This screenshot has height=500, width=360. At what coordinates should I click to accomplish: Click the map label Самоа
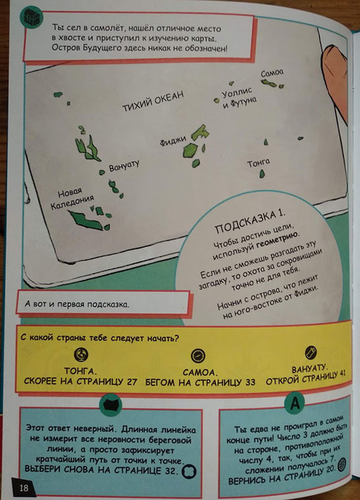(x=272, y=73)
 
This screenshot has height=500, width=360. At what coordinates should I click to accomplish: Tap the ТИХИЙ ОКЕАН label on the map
(x=153, y=101)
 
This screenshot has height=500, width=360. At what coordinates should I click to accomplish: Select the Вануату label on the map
(x=124, y=166)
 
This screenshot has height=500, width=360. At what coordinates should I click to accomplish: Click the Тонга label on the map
(x=259, y=162)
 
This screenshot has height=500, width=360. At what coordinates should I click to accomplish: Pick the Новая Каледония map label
(x=72, y=198)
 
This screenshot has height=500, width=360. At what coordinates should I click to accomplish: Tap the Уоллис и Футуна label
(x=238, y=97)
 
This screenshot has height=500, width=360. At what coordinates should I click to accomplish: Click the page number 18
(x=23, y=488)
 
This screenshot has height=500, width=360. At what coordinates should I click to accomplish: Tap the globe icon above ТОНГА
(x=81, y=354)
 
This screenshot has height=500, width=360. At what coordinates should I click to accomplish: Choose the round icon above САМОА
(x=198, y=356)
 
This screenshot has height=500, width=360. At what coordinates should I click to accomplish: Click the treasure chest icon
(x=31, y=17)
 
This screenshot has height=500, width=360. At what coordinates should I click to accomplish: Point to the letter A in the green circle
(x=295, y=404)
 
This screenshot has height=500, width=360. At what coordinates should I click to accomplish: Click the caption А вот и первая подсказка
(x=77, y=304)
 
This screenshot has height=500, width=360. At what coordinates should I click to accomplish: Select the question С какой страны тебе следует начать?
(x=99, y=338)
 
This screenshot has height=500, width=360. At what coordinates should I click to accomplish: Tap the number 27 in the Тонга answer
(x=131, y=381)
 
